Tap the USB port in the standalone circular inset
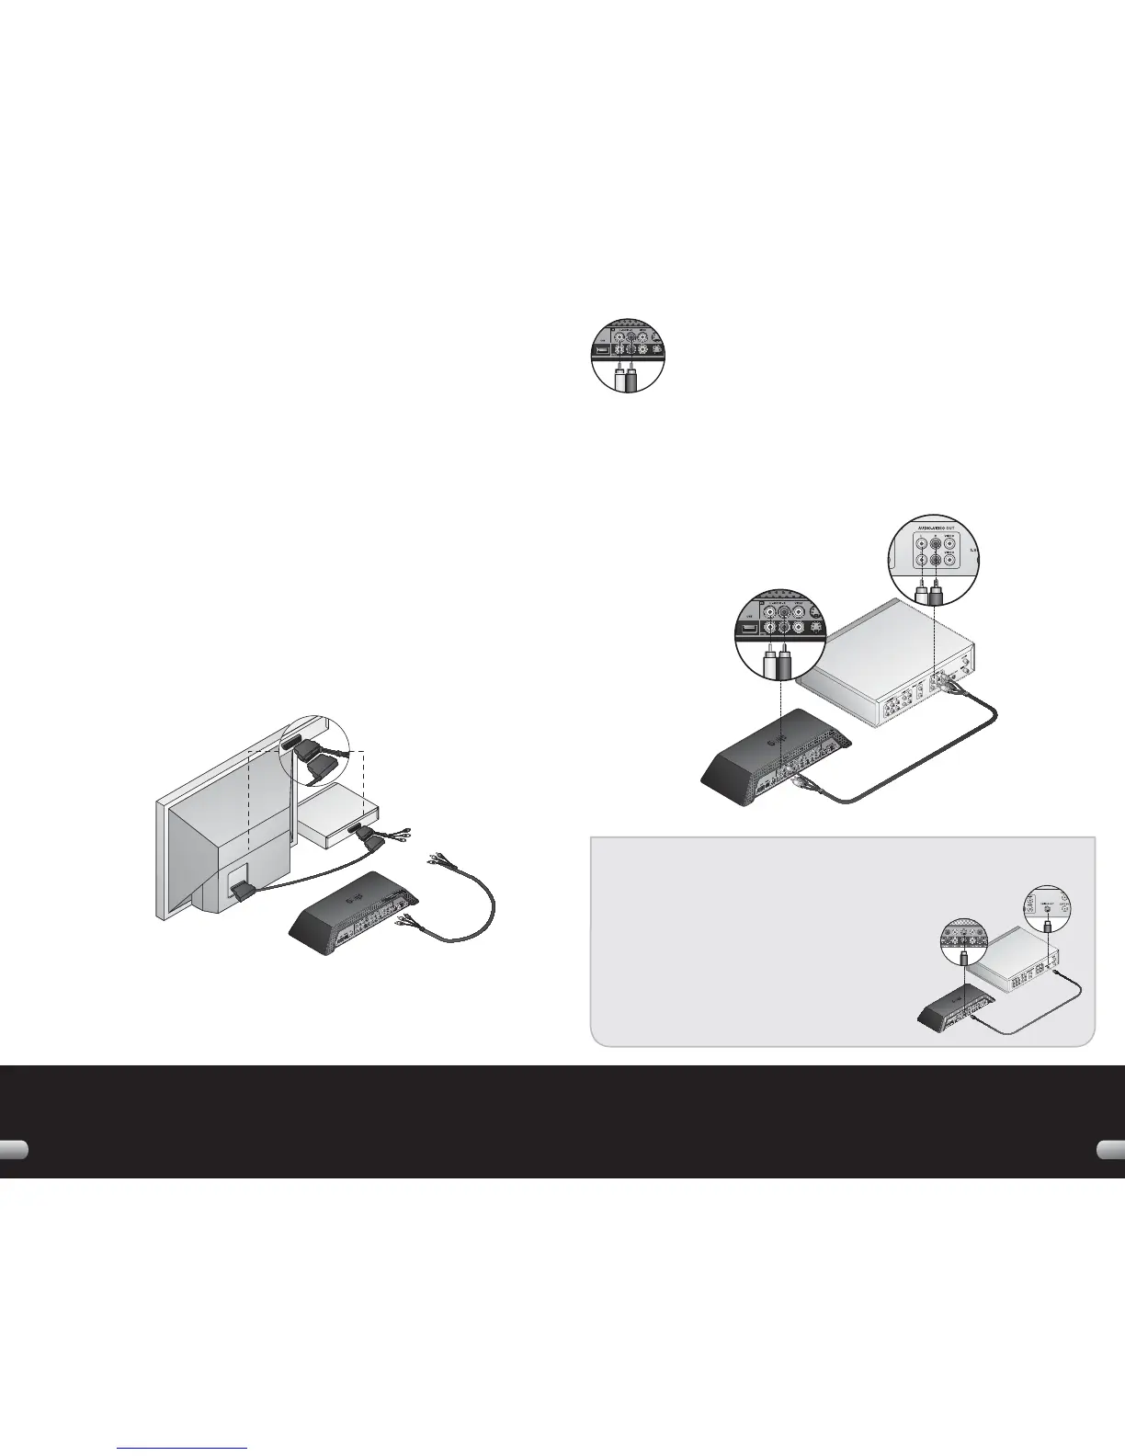tap(599, 350)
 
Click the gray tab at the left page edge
tap(13, 1151)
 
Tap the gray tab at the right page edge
tap(1111, 1151)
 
